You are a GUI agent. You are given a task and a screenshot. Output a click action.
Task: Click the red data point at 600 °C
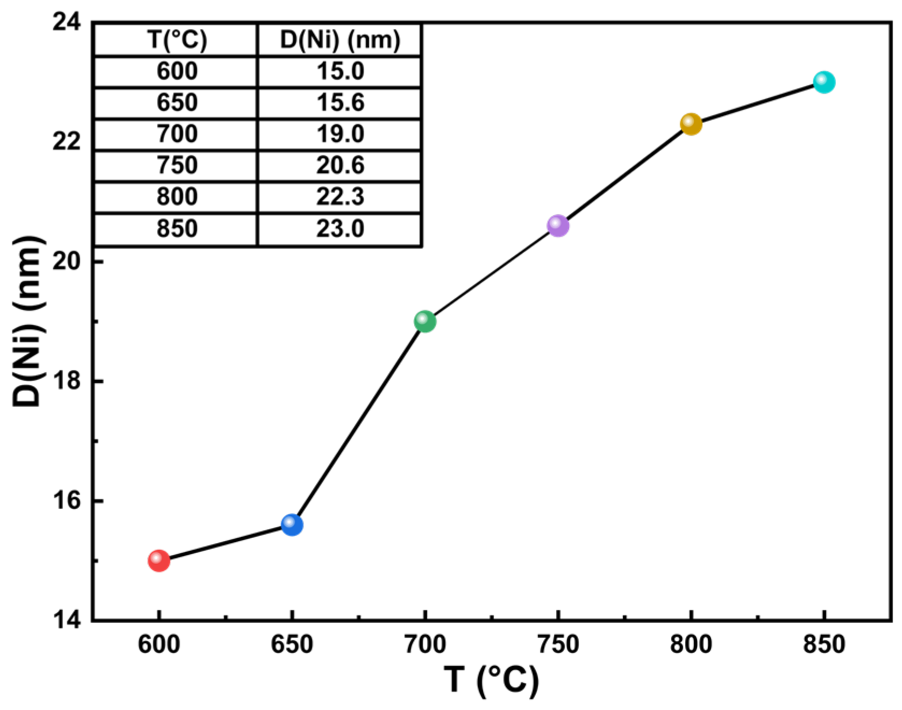click(x=159, y=561)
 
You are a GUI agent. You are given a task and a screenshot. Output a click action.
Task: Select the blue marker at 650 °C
click(x=292, y=524)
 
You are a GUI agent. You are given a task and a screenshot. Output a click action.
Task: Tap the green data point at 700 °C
click(x=425, y=322)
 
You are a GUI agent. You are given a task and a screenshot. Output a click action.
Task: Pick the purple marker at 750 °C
click(x=558, y=226)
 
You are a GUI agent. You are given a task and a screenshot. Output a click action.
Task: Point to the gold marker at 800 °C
click(x=691, y=124)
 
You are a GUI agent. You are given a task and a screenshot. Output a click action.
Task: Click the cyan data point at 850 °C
click(x=824, y=82)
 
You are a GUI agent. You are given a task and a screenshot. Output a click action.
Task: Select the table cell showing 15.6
click(x=340, y=102)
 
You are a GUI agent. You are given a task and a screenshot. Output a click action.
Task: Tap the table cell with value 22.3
click(x=340, y=197)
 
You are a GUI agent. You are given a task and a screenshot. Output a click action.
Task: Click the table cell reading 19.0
click(x=340, y=134)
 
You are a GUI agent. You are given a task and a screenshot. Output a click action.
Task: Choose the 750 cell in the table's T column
click(x=177, y=165)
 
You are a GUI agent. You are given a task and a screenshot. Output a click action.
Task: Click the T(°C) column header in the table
click(x=177, y=40)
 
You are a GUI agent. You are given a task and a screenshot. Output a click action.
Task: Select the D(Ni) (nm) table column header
click(x=340, y=40)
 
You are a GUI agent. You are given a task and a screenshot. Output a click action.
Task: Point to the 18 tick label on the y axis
click(x=67, y=381)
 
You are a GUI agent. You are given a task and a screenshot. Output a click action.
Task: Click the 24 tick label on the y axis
click(x=67, y=23)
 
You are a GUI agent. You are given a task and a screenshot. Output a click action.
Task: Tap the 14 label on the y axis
click(x=67, y=620)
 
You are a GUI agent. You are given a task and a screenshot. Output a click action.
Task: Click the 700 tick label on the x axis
click(x=425, y=644)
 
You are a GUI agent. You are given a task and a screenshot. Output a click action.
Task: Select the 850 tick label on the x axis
click(x=824, y=644)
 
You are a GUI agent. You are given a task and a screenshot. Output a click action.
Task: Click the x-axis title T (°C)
click(x=491, y=680)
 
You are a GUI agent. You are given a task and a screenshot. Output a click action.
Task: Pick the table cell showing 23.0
click(x=340, y=229)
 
